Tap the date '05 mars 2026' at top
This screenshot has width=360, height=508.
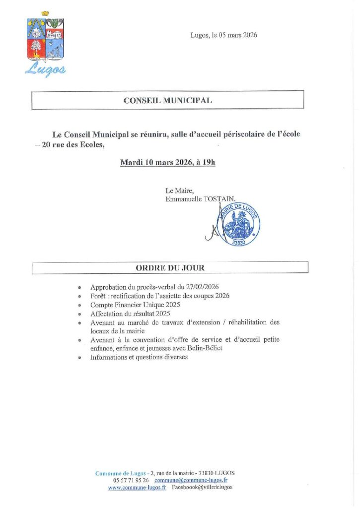pyautogui.click(x=238, y=35)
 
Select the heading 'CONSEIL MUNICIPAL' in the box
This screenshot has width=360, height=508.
pyautogui.click(x=168, y=100)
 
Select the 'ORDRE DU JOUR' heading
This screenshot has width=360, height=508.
pyautogui.click(x=170, y=268)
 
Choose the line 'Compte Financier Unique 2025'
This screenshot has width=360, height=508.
pyautogui.click(x=135, y=305)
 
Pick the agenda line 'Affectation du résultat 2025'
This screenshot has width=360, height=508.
pyautogui.click(x=130, y=314)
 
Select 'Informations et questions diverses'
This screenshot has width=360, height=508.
pyautogui.click(x=139, y=358)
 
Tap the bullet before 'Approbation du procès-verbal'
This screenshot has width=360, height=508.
pyautogui.click(x=80, y=288)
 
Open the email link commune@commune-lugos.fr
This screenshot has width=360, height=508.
pyautogui.click(x=191, y=480)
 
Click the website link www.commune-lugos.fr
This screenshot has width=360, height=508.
pyautogui.click(x=138, y=488)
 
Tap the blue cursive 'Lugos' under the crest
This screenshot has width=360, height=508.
pyautogui.click(x=45, y=69)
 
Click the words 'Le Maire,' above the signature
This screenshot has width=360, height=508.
pyautogui.click(x=176, y=190)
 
